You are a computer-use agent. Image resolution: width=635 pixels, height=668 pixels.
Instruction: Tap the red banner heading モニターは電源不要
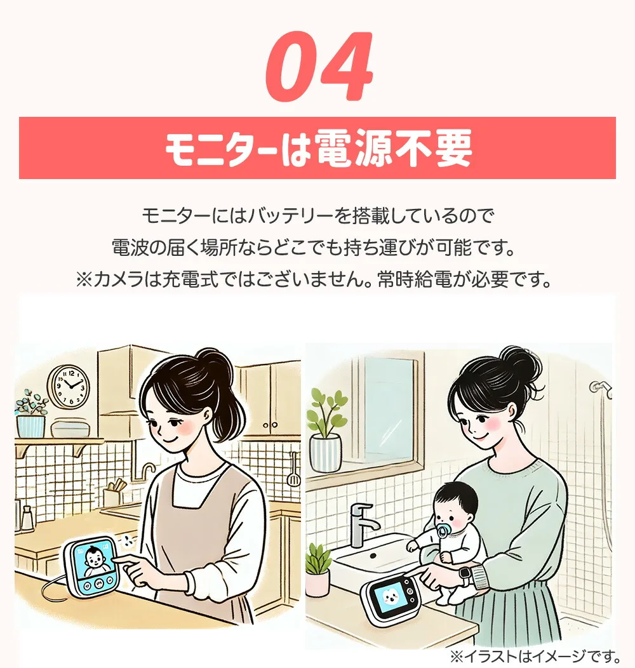tap(317, 149)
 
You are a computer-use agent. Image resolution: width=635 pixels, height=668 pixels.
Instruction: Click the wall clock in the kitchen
tap(69, 387)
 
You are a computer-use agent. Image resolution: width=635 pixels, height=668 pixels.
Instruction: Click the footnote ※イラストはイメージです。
tap(535, 655)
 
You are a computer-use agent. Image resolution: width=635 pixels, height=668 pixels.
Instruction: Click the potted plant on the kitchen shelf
tap(31, 415)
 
